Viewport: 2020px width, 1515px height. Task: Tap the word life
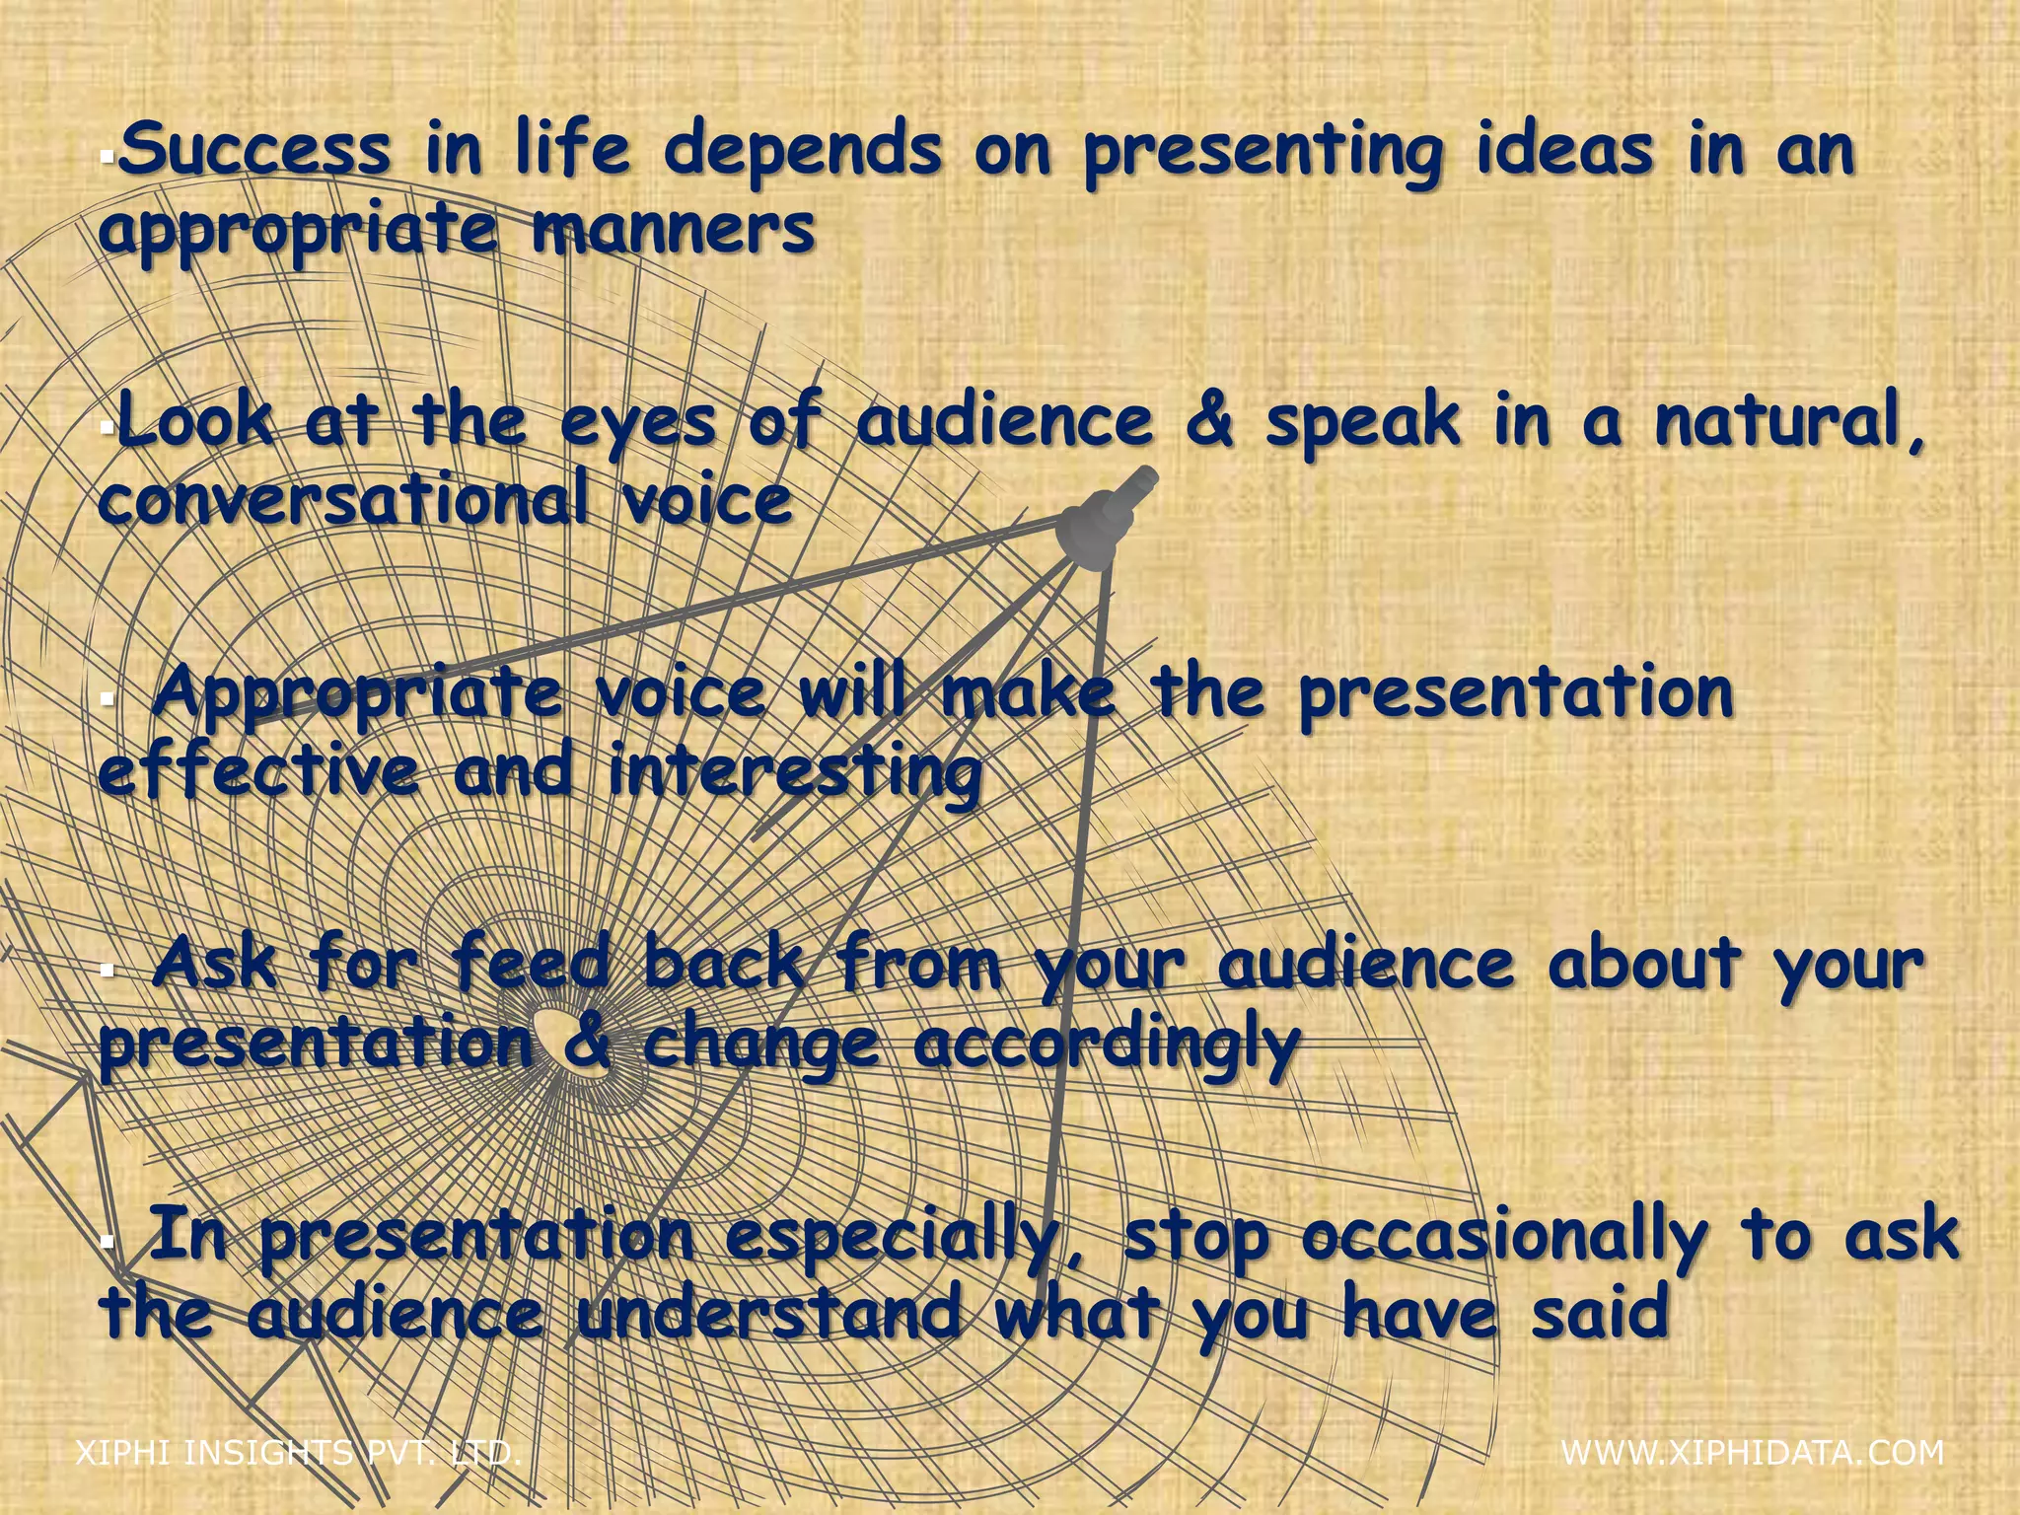click(x=572, y=150)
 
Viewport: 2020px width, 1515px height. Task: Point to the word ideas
click(x=1564, y=150)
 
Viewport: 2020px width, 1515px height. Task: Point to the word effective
click(x=258, y=771)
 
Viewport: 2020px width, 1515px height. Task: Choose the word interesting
click(x=795, y=773)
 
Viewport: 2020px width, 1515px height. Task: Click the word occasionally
click(x=1503, y=1239)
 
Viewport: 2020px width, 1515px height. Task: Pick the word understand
click(x=769, y=1314)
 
